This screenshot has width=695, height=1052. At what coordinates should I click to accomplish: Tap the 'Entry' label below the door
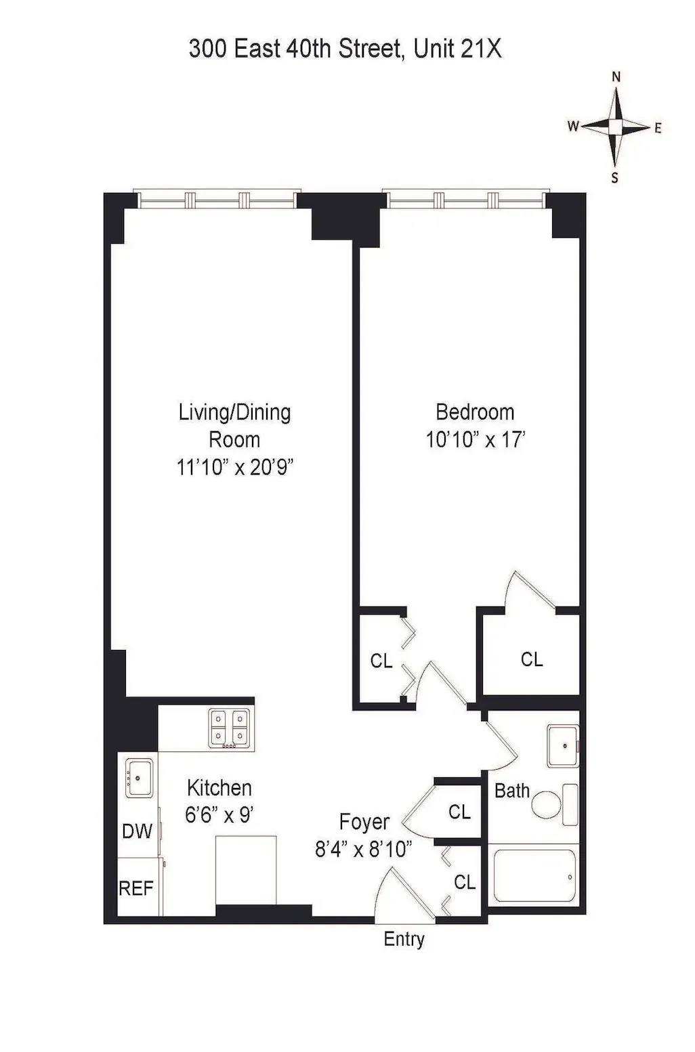click(404, 939)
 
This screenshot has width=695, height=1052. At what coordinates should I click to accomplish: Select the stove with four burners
click(229, 728)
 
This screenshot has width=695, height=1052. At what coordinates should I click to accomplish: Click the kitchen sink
click(140, 777)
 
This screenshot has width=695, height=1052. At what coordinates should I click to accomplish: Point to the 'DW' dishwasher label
click(138, 831)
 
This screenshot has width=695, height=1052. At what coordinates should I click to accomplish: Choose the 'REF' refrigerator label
click(136, 888)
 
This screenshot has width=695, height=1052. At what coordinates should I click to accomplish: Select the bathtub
click(534, 877)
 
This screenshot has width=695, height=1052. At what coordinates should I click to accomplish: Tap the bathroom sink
click(564, 745)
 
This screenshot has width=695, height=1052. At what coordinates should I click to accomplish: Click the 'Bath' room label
click(511, 791)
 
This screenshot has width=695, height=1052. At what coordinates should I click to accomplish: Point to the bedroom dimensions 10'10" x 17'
click(475, 439)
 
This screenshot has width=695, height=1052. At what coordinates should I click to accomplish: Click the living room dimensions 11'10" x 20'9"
click(234, 467)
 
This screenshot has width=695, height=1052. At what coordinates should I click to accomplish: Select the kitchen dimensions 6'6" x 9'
click(219, 814)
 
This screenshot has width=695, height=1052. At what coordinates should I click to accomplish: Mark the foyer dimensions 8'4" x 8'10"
click(364, 849)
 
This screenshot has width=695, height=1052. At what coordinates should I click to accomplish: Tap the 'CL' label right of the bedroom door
click(532, 659)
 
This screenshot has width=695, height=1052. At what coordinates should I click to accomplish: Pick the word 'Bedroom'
click(475, 412)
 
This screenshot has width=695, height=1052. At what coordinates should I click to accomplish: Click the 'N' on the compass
click(616, 77)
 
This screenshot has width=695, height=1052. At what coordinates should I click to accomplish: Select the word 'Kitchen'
click(219, 787)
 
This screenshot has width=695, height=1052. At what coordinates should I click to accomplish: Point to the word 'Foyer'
click(364, 822)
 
